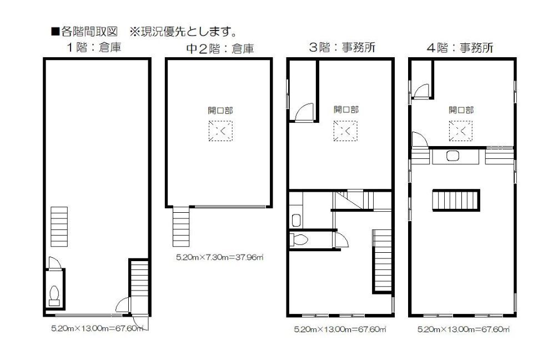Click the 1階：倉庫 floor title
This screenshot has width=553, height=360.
(x=94, y=47)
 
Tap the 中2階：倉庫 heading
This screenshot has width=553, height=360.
(x=220, y=49)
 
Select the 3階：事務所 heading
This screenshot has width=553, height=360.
(x=342, y=47)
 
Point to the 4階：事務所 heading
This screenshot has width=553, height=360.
(x=460, y=48)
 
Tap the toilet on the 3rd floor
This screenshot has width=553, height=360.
(x=299, y=239)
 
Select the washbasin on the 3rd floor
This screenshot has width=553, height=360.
(x=296, y=221)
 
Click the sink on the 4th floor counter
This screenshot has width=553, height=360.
(x=453, y=156)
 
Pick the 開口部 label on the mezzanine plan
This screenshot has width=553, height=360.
(x=220, y=111)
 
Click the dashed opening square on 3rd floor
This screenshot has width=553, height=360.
(x=345, y=131)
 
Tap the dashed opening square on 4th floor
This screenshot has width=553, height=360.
(x=461, y=131)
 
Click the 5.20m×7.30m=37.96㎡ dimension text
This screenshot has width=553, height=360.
(x=220, y=257)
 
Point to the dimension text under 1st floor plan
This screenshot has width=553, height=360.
(x=97, y=328)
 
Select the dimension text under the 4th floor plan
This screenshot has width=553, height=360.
(x=464, y=329)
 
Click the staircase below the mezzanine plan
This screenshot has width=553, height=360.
(x=181, y=227)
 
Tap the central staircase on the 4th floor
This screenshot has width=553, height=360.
(x=456, y=200)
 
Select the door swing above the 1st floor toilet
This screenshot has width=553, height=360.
(x=54, y=263)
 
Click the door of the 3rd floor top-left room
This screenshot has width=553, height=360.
(x=304, y=112)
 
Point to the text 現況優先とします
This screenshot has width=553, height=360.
(x=188, y=32)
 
